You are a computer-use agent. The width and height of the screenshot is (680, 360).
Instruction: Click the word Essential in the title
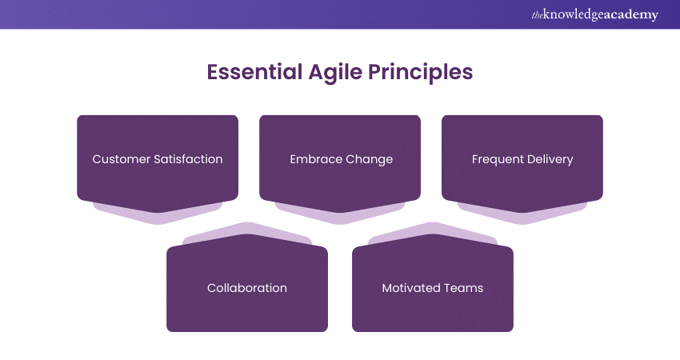point(253,72)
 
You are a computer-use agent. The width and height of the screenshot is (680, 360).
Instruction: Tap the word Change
point(370,159)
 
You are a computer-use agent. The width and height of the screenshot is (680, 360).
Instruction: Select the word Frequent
point(497,159)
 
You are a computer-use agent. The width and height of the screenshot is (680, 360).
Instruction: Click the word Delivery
point(549,159)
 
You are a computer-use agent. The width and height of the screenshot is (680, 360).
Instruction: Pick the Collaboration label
point(246,288)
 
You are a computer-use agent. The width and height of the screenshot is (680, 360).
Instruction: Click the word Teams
point(463,288)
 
